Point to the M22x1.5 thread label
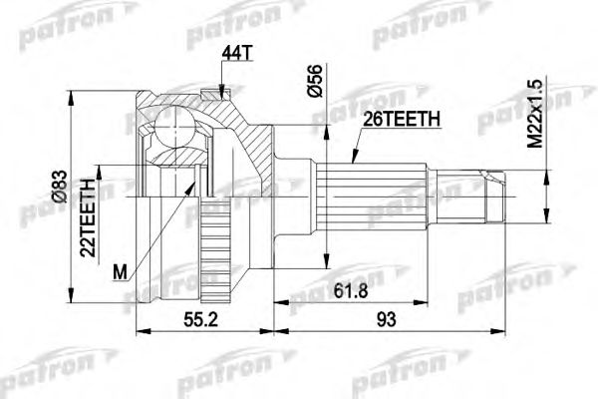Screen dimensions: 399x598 pyautogui.click(x=534, y=115)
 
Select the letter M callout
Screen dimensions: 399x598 pyautogui.click(x=121, y=270)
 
